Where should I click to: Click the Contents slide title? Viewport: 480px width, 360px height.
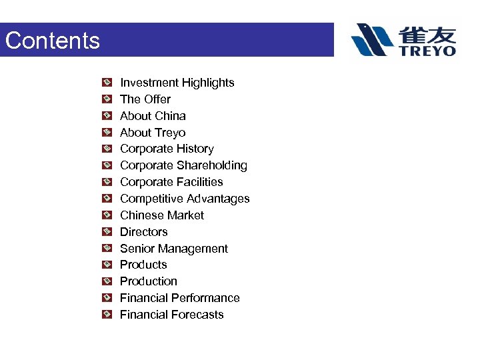[52, 41]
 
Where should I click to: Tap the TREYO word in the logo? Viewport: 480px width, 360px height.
[427, 50]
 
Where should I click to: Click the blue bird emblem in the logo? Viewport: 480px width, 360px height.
[373, 39]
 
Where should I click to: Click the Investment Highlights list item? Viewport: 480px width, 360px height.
[177, 83]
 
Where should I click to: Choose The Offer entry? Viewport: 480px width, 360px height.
[145, 99]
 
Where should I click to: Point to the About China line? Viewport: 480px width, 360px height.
[153, 116]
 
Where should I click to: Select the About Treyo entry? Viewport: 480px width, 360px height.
[153, 133]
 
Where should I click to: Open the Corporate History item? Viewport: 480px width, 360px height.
[167, 149]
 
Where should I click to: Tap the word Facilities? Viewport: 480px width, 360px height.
[199, 182]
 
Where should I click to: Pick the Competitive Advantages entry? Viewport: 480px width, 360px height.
[185, 199]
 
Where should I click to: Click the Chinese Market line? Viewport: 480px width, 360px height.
[162, 215]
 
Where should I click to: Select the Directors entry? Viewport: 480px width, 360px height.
[143, 232]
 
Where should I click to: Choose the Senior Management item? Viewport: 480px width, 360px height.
[173, 249]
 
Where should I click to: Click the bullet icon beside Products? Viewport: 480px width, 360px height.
[107, 265]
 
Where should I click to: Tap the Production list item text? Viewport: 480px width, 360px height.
[148, 281]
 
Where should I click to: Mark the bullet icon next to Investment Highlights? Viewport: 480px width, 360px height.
[107, 83]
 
